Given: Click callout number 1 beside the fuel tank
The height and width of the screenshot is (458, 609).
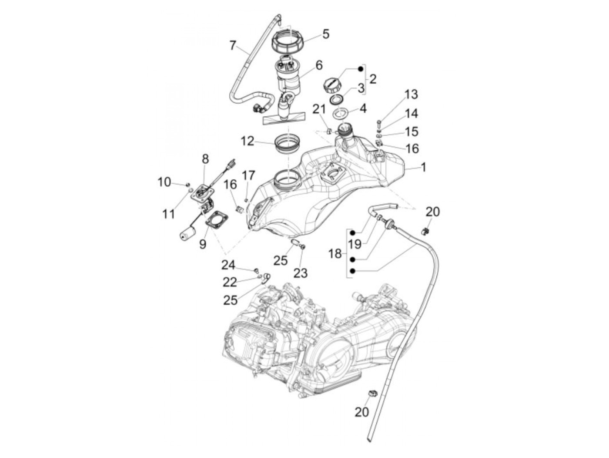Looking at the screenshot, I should (x=423, y=167).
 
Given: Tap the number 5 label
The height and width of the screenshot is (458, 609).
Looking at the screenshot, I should (x=325, y=34).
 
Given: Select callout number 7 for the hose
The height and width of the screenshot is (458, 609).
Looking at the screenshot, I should (x=233, y=45).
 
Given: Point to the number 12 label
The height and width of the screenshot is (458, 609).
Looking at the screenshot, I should (x=248, y=141).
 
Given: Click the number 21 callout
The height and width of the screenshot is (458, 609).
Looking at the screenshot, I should (x=319, y=109).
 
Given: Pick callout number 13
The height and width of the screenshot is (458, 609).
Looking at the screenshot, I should (x=411, y=94).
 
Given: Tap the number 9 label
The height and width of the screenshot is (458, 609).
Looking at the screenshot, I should (x=203, y=244).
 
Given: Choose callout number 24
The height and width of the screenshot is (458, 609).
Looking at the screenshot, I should (x=228, y=265).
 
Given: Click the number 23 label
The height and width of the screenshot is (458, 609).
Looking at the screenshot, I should (x=300, y=273).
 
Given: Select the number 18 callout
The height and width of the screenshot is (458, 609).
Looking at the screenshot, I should (x=335, y=253).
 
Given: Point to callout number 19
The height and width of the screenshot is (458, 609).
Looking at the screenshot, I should (x=355, y=244).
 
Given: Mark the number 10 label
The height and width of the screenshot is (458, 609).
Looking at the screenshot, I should (x=164, y=182).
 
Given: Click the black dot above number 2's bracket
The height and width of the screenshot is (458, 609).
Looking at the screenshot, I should (x=360, y=69).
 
